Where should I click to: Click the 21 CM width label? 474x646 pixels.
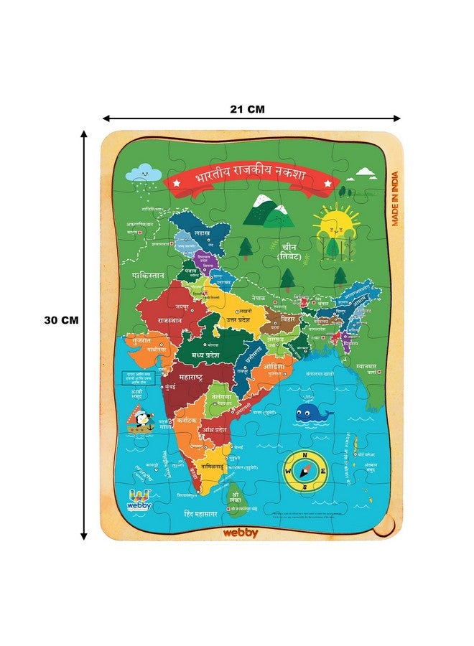(248, 110)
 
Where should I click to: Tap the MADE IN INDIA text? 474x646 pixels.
(395, 198)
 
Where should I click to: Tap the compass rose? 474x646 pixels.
(305, 471)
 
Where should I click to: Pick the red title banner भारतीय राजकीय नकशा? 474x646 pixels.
(248, 178)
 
